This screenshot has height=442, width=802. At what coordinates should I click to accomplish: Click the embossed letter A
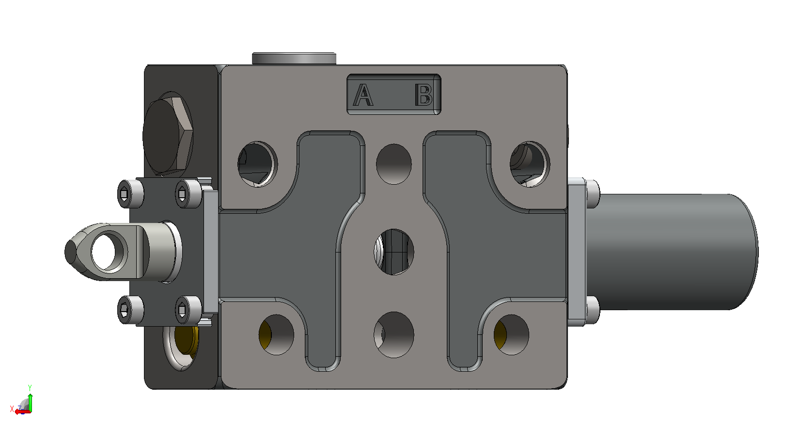(x=363, y=95)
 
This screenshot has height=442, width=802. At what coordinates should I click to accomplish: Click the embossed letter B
(x=424, y=95)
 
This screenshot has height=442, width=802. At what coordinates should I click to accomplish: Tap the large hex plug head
(x=168, y=134)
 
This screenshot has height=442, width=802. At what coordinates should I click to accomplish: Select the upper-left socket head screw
(x=130, y=194)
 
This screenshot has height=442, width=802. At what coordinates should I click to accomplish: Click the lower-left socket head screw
(x=130, y=310)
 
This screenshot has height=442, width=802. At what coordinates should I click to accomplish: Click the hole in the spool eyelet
(x=103, y=252)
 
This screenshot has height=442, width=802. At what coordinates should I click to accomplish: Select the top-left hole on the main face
(x=257, y=164)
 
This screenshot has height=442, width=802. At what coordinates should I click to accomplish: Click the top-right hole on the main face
(x=530, y=164)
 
